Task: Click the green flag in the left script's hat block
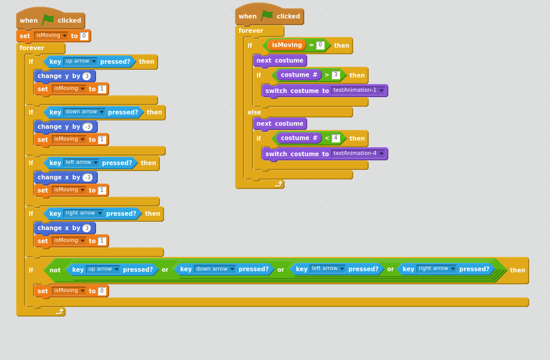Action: (48, 20)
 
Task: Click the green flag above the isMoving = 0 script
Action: (267, 15)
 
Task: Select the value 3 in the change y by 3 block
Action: (86, 76)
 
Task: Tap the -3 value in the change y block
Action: (88, 126)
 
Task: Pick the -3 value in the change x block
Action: (88, 178)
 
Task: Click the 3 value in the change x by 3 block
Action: (86, 228)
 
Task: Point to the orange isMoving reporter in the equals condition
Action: (286, 45)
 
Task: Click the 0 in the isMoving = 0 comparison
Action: (320, 45)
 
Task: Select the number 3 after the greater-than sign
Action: (336, 75)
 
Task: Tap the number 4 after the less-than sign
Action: (336, 138)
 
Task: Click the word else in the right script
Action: (254, 112)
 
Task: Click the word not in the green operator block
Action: (55, 270)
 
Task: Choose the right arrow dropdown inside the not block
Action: (437, 269)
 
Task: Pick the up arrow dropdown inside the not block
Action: (103, 269)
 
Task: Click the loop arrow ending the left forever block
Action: (60, 311)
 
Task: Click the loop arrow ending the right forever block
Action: (279, 184)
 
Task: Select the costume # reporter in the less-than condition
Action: (299, 138)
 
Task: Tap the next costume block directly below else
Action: (280, 124)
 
